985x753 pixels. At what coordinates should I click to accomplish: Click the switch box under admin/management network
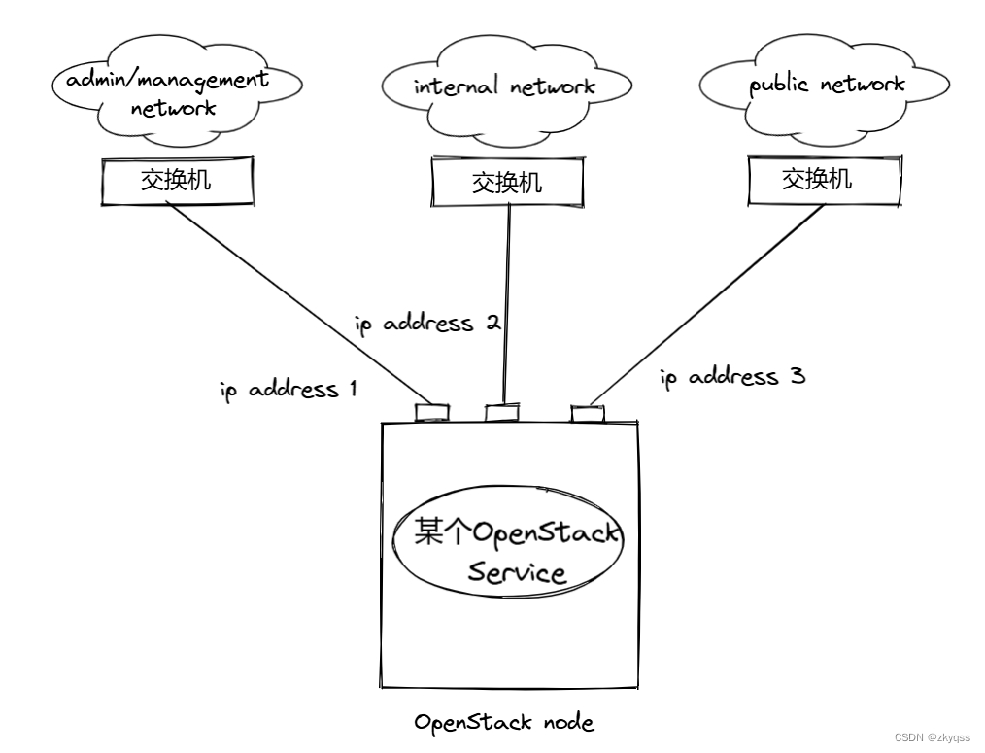pos(177,181)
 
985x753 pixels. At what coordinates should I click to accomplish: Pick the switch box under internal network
pos(507,182)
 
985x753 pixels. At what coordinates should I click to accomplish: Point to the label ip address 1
pos(289,391)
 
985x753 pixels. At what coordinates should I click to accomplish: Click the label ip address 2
pos(427,324)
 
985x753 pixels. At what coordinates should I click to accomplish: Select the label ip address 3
pos(732,377)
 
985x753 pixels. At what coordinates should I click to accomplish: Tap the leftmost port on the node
pos(428,412)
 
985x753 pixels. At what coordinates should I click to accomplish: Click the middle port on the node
pos(501,413)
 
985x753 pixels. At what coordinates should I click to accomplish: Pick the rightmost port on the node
pos(586,414)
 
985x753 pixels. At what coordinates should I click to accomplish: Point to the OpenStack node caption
pos(503,722)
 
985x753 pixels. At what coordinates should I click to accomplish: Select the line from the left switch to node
pos(301,301)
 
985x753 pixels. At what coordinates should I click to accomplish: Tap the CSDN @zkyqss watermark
pos(932,737)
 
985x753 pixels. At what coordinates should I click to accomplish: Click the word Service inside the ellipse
pos(516,571)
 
